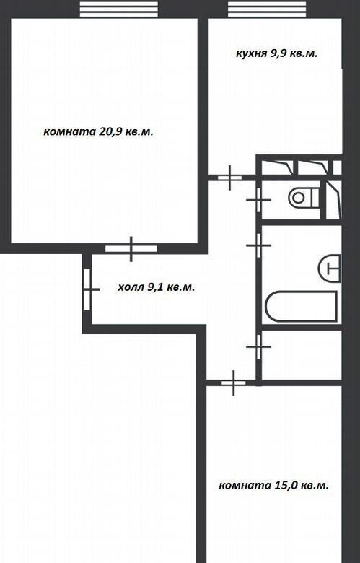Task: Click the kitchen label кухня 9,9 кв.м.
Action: click(277, 54)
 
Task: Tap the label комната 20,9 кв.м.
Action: click(98, 131)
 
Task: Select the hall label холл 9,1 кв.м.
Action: click(157, 287)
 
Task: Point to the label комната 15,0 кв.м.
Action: click(274, 486)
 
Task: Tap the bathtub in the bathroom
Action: click(302, 306)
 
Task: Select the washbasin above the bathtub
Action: click(329, 269)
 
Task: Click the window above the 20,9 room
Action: click(118, 9)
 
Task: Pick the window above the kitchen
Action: click(267, 9)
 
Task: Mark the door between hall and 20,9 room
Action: click(131, 248)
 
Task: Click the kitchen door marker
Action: click(230, 178)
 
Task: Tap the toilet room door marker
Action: click(258, 200)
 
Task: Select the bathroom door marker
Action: click(258, 245)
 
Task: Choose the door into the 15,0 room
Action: click(234, 383)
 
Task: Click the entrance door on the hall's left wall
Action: click(87, 289)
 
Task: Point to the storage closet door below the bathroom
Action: click(258, 346)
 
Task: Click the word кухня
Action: click(251, 54)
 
